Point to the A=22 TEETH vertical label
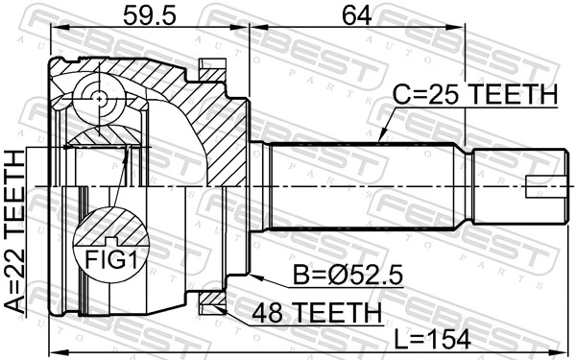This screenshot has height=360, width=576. [x=16, y=229]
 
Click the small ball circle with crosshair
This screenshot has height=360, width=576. [x=100, y=96]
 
